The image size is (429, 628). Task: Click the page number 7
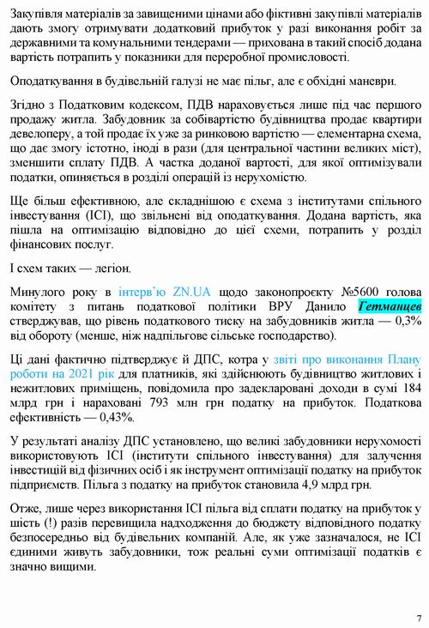coord(418,617)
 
